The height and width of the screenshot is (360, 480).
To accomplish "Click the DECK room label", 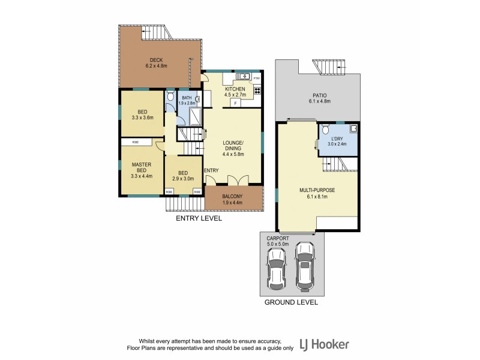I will click(x=157, y=59).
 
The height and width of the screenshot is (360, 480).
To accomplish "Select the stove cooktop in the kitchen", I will click(x=257, y=91).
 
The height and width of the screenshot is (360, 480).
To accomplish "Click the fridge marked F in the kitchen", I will click(x=235, y=103).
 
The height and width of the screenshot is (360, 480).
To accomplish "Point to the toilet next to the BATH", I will click(x=170, y=96).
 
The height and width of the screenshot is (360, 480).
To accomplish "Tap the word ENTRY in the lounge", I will click(x=211, y=171).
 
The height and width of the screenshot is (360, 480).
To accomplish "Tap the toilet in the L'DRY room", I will click(x=325, y=129).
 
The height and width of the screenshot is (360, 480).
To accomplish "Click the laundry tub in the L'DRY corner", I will click(x=354, y=128).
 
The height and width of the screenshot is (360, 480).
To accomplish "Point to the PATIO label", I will click(x=319, y=95).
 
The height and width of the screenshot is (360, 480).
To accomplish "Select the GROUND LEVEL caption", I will click(x=291, y=303).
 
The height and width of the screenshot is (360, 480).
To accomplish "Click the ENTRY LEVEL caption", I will click(x=199, y=218).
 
